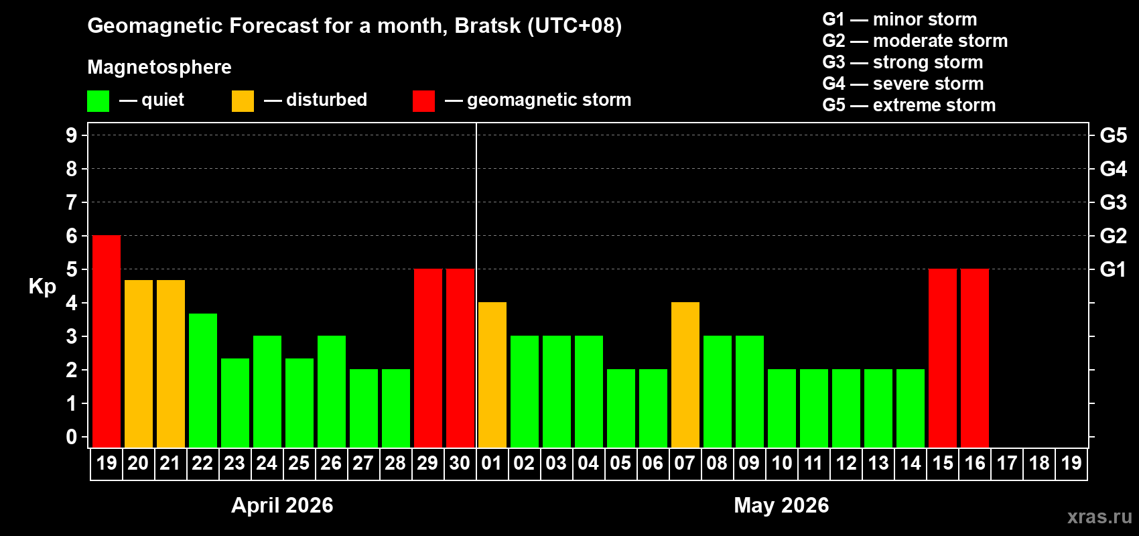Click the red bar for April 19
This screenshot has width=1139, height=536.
click(107, 341)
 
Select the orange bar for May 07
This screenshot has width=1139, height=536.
click(685, 375)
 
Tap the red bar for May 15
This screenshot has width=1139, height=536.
click(942, 358)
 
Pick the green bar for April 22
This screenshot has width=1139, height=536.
click(202, 380)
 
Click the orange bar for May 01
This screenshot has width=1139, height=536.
click(492, 375)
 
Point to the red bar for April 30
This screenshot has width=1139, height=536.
click(460, 358)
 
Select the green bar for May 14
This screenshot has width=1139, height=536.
click(910, 408)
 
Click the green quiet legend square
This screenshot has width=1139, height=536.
click(98, 101)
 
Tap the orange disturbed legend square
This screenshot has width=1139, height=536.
click(243, 101)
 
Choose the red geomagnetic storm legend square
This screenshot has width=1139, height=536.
click(423, 101)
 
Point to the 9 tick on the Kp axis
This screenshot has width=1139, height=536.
click(72, 135)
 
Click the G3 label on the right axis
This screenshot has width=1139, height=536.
click(1113, 202)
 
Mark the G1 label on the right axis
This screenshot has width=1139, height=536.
click(1113, 269)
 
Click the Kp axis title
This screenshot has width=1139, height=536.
click(42, 286)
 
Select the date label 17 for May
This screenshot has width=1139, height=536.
click(1006, 463)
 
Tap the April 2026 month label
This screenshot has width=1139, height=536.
click(282, 505)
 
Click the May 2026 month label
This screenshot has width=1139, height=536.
click(781, 505)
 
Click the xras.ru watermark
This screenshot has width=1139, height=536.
click(1099, 517)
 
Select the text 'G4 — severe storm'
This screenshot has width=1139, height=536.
click(902, 84)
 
